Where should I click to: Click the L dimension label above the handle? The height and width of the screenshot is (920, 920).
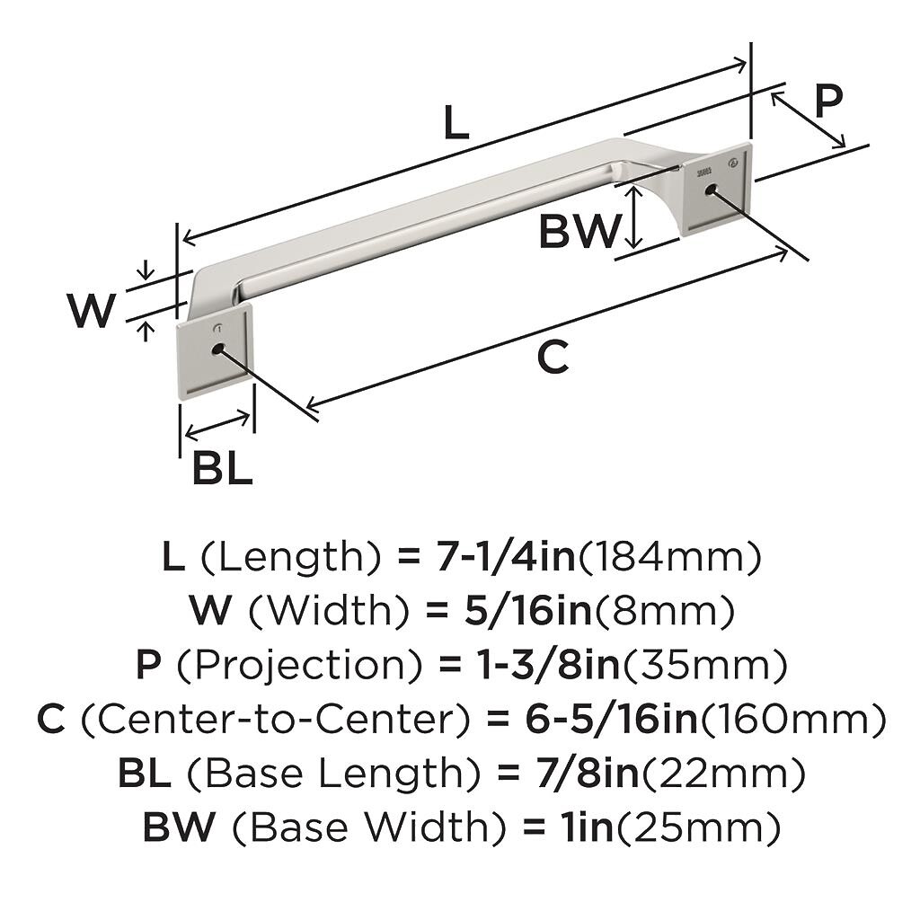click(456, 122)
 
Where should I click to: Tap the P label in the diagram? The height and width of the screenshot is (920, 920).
click(827, 102)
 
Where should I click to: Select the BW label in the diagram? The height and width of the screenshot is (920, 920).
click(579, 233)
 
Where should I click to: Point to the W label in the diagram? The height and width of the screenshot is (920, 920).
click(92, 311)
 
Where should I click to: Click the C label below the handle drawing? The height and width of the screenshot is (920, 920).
click(553, 358)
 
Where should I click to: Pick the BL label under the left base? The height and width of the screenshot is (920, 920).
click(222, 469)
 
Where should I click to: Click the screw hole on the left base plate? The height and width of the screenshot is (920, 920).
click(217, 347)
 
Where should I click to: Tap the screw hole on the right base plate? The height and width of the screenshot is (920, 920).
click(712, 190)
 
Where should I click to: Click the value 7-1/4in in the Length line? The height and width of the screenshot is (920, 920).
click(506, 558)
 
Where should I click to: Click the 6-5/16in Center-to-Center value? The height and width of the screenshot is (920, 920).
click(592, 720)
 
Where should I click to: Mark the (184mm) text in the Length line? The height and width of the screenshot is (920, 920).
click(669, 558)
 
